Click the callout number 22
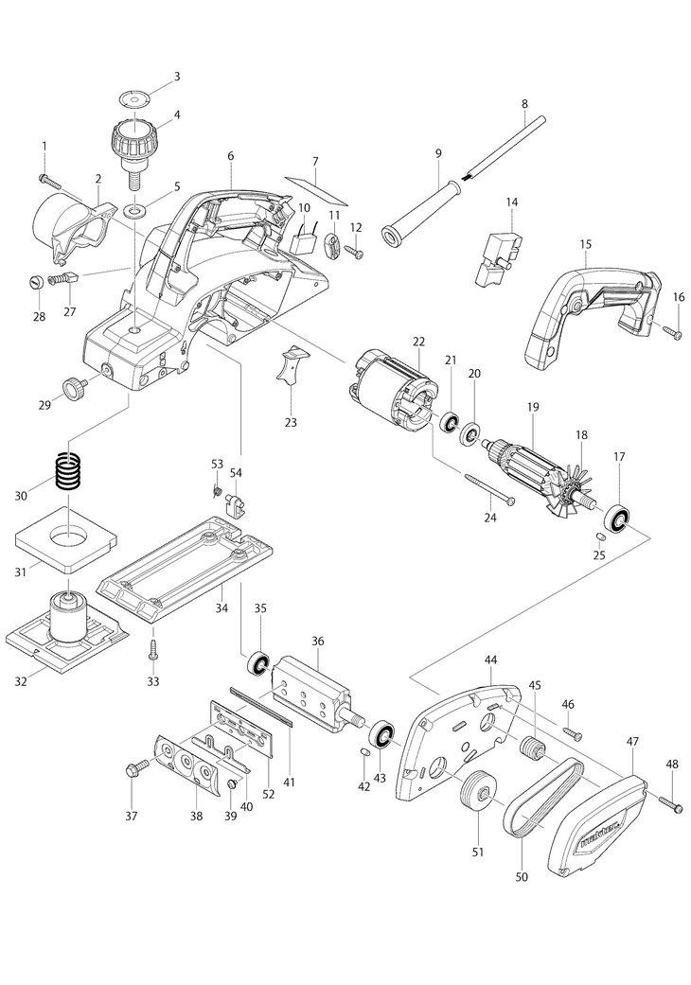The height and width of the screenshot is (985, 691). [x=418, y=341]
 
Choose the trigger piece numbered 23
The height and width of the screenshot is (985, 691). [x=292, y=365]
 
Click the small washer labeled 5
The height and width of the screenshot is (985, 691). [x=134, y=207]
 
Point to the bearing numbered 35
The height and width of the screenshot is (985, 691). [x=257, y=664]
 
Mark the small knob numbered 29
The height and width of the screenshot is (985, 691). [x=75, y=386]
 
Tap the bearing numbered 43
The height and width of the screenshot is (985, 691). [x=381, y=734]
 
